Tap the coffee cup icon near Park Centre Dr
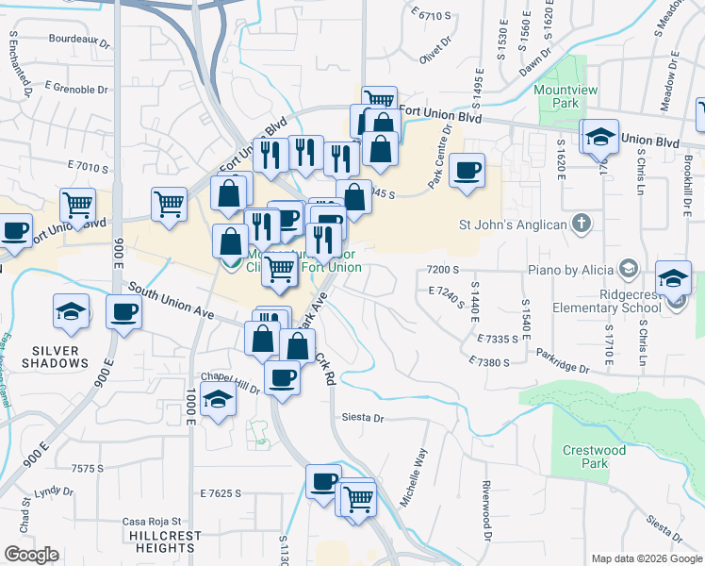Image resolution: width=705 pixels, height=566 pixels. (x=467, y=172)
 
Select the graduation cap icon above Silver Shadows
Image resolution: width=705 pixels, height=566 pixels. (x=71, y=311)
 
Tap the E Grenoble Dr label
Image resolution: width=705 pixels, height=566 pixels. (x=75, y=90)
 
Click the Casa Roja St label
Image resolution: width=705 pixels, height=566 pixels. (x=151, y=521)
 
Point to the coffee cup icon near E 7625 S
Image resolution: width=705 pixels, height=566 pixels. (x=323, y=481)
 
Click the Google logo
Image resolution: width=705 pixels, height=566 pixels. (x=31, y=555)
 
